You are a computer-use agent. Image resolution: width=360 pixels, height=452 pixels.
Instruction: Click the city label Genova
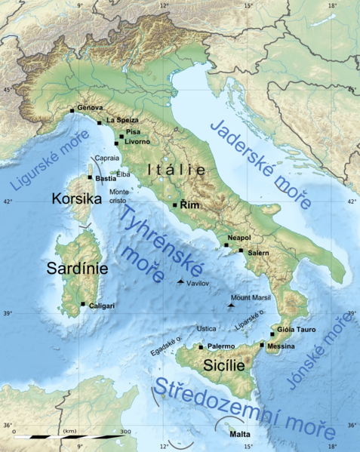point(91,108)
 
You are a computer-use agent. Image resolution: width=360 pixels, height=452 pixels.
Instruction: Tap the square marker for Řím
point(175,204)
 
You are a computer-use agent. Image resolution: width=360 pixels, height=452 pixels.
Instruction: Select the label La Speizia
point(121,120)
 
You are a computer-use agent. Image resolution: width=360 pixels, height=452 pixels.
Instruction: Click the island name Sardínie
point(78,269)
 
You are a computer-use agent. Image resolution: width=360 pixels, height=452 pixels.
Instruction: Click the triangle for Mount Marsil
point(231,305)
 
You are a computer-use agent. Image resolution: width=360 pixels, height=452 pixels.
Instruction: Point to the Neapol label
point(239,237)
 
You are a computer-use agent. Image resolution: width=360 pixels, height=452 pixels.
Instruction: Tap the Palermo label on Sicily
point(220,346)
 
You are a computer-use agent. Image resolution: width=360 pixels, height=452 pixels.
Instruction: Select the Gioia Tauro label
point(295,330)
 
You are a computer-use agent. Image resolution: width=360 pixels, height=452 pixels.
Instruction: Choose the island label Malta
point(238,434)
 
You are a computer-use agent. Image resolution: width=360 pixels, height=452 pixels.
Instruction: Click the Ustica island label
point(206,329)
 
